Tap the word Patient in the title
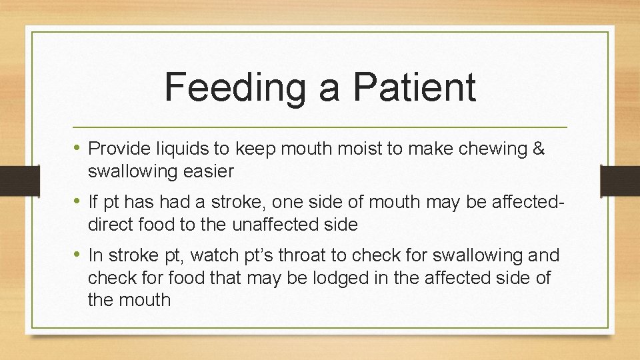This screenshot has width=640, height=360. (x=415, y=88)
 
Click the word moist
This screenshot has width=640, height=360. (x=357, y=149)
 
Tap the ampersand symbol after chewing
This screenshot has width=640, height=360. (x=539, y=149)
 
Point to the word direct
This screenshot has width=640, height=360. (x=111, y=225)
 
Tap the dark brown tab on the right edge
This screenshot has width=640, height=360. (x=620, y=179)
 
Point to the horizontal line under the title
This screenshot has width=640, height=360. (x=320, y=127)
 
